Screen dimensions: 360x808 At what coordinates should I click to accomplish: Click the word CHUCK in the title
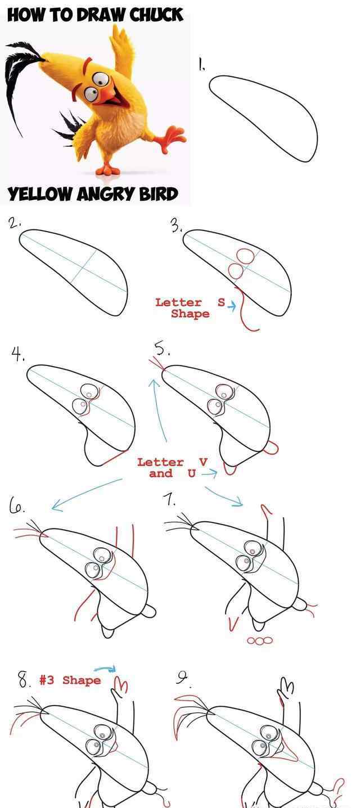pyautogui.click(x=156, y=15)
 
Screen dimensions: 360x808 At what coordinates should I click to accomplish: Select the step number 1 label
pyautogui.click(x=201, y=64)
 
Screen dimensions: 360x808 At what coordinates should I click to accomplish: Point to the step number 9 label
pyautogui.click(x=182, y=679)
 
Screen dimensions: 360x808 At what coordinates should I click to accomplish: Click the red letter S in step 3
pyautogui.click(x=221, y=303)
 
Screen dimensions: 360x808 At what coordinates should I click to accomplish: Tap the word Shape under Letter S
pyautogui.click(x=190, y=314)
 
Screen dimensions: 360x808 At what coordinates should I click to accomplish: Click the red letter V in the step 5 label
pyautogui.click(x=204, y=462)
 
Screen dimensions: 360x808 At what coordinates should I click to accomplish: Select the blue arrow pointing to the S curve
pyautogui.click(x=232, y=306)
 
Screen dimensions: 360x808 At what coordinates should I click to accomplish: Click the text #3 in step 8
pyautogui.click(x=47, y=680)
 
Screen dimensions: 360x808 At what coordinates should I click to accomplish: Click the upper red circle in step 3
pyautogui.click(x=245, y=255)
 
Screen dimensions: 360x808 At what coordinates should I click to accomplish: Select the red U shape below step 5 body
pyautogui.click(x=229, y=470)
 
